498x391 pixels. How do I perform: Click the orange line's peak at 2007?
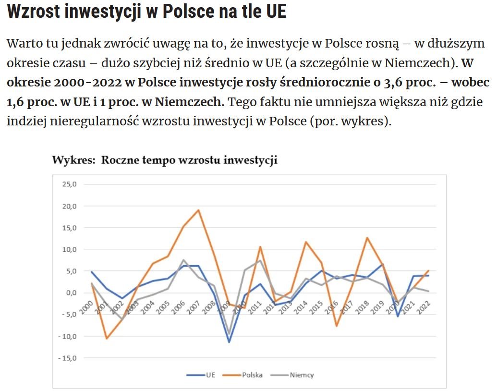(x=198, y=210)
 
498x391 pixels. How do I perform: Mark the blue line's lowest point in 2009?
(x=229, y=342)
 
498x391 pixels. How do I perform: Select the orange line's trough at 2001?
(x=106, y=339)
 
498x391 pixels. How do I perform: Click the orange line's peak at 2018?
(x=367, y=237)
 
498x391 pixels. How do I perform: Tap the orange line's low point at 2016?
(x=337, y=326)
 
